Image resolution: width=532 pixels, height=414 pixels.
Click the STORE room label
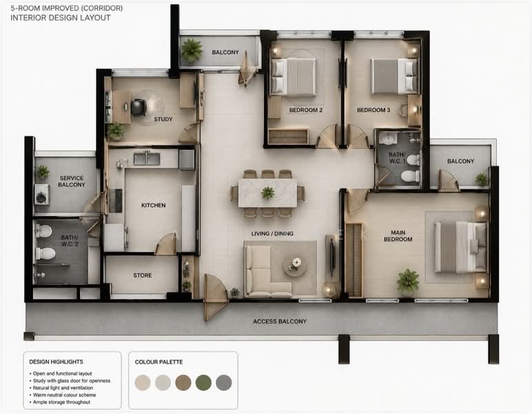click(143, 275)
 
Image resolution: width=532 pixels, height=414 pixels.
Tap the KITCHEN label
click(154, 205)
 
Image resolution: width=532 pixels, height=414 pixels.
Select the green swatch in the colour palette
click(203, 383)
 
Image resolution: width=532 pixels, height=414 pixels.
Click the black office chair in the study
click(139, 107)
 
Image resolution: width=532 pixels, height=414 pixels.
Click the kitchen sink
click(147, 159)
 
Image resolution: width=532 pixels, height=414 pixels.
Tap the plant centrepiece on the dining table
click(268, 193)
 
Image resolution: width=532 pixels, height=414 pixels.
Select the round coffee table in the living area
click(295, 265)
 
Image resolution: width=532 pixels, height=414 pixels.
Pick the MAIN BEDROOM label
click(398, 236)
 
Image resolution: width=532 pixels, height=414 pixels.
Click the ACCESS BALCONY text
click(280, 322)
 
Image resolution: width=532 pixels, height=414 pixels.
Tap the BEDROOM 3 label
click(374, 110)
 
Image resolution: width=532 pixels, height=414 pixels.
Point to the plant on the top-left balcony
click(192, 50)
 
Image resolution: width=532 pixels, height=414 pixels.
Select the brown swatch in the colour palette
click(183, 383)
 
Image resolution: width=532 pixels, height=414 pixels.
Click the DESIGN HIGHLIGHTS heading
click(56, 362)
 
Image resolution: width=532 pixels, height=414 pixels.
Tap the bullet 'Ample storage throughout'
click(61, 402)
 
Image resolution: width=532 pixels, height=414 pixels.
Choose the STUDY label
click(163, 119)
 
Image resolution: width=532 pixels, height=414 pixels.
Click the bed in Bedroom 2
click(294, 77)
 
